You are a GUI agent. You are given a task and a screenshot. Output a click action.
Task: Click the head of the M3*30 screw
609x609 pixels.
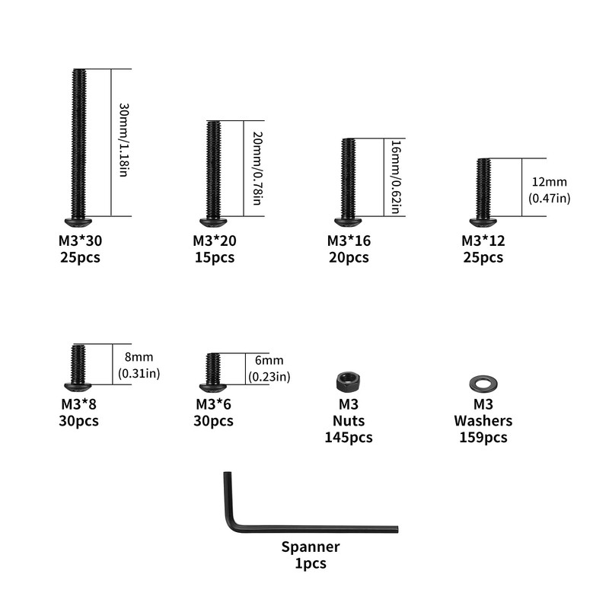pos(78,222)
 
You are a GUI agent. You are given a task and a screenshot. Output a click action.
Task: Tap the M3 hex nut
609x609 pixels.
pos(348,382)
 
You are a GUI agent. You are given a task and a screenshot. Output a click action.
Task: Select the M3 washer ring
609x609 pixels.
pos(483,384)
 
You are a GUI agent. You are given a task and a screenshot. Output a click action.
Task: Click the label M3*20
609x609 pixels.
pos(215,241)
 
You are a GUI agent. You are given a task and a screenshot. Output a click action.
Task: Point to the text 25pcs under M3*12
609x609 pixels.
pos(483,257)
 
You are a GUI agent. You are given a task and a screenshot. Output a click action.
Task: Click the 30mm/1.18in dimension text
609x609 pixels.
pos(123,140)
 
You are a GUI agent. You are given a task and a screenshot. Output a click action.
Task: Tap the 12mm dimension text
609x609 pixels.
pos(549,182)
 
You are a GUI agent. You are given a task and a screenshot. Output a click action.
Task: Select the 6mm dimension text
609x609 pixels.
pos(269,360)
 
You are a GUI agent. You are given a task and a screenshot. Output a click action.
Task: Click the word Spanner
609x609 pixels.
pos(311,547)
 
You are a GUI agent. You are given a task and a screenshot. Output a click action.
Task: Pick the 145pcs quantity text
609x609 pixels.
pos(349,437)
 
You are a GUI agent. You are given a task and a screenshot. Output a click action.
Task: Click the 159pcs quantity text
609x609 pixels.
pos(483,437)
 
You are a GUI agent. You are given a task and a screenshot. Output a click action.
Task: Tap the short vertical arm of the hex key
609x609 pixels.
pos(228,497)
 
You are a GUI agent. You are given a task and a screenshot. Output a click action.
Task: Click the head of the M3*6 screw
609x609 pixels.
pos(213,387)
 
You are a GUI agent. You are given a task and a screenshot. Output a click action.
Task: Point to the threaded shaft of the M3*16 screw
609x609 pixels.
pos(348,178)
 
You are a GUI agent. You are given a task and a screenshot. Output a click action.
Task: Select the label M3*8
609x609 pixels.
pos(78,404)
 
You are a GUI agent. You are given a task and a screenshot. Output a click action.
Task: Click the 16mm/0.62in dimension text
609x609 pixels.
pos(396,177)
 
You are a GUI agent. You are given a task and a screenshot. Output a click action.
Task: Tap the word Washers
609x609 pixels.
pos(483,421)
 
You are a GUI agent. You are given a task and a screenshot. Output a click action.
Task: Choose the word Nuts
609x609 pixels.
pos(349,421)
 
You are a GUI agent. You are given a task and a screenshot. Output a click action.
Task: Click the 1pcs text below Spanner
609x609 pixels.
pos(311,563)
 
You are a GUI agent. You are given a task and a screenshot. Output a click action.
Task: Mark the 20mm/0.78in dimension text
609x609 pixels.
pos(257,168)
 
